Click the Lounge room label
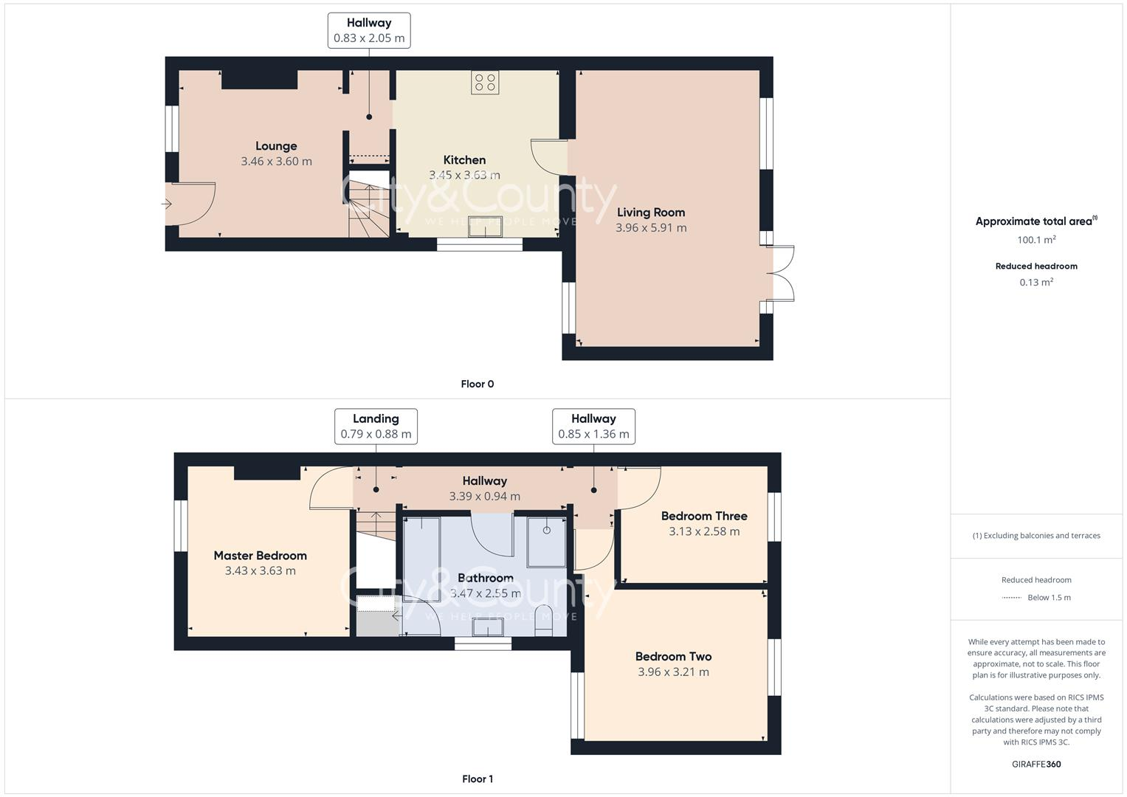pyautogui.click(x=276, y=146)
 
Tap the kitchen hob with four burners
pyautogui.click(x=485, y=83)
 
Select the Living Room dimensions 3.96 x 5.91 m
pyautogui.click(x=651, y=228)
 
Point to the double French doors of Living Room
pyautogui.click(x=781, y=274)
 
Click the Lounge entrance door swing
pyautogui.click(x=190, y=204)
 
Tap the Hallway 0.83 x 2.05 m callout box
pyautogui.click(x=369, y=30)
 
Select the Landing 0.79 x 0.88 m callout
pyautogui.click(x=376, y=427)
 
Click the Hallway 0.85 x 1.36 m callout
pyautogui.click(x=593, y=427)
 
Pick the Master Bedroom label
pyautogui.click(x=260, y=556)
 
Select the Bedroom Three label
pyautogui.click(x=704, y=516)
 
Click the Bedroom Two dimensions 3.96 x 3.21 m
pyautogui.click(x=673, y=672)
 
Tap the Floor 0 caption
pyautogui.click(x=478, y=384)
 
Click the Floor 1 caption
pyautogui.click(x=478, y=779)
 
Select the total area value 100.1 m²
pyautogui.click(x=1036, y=240)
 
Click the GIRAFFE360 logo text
pyautogui.click(x=1036, y=764)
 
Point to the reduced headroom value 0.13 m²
pyautogui.click(x=1036, y=282)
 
